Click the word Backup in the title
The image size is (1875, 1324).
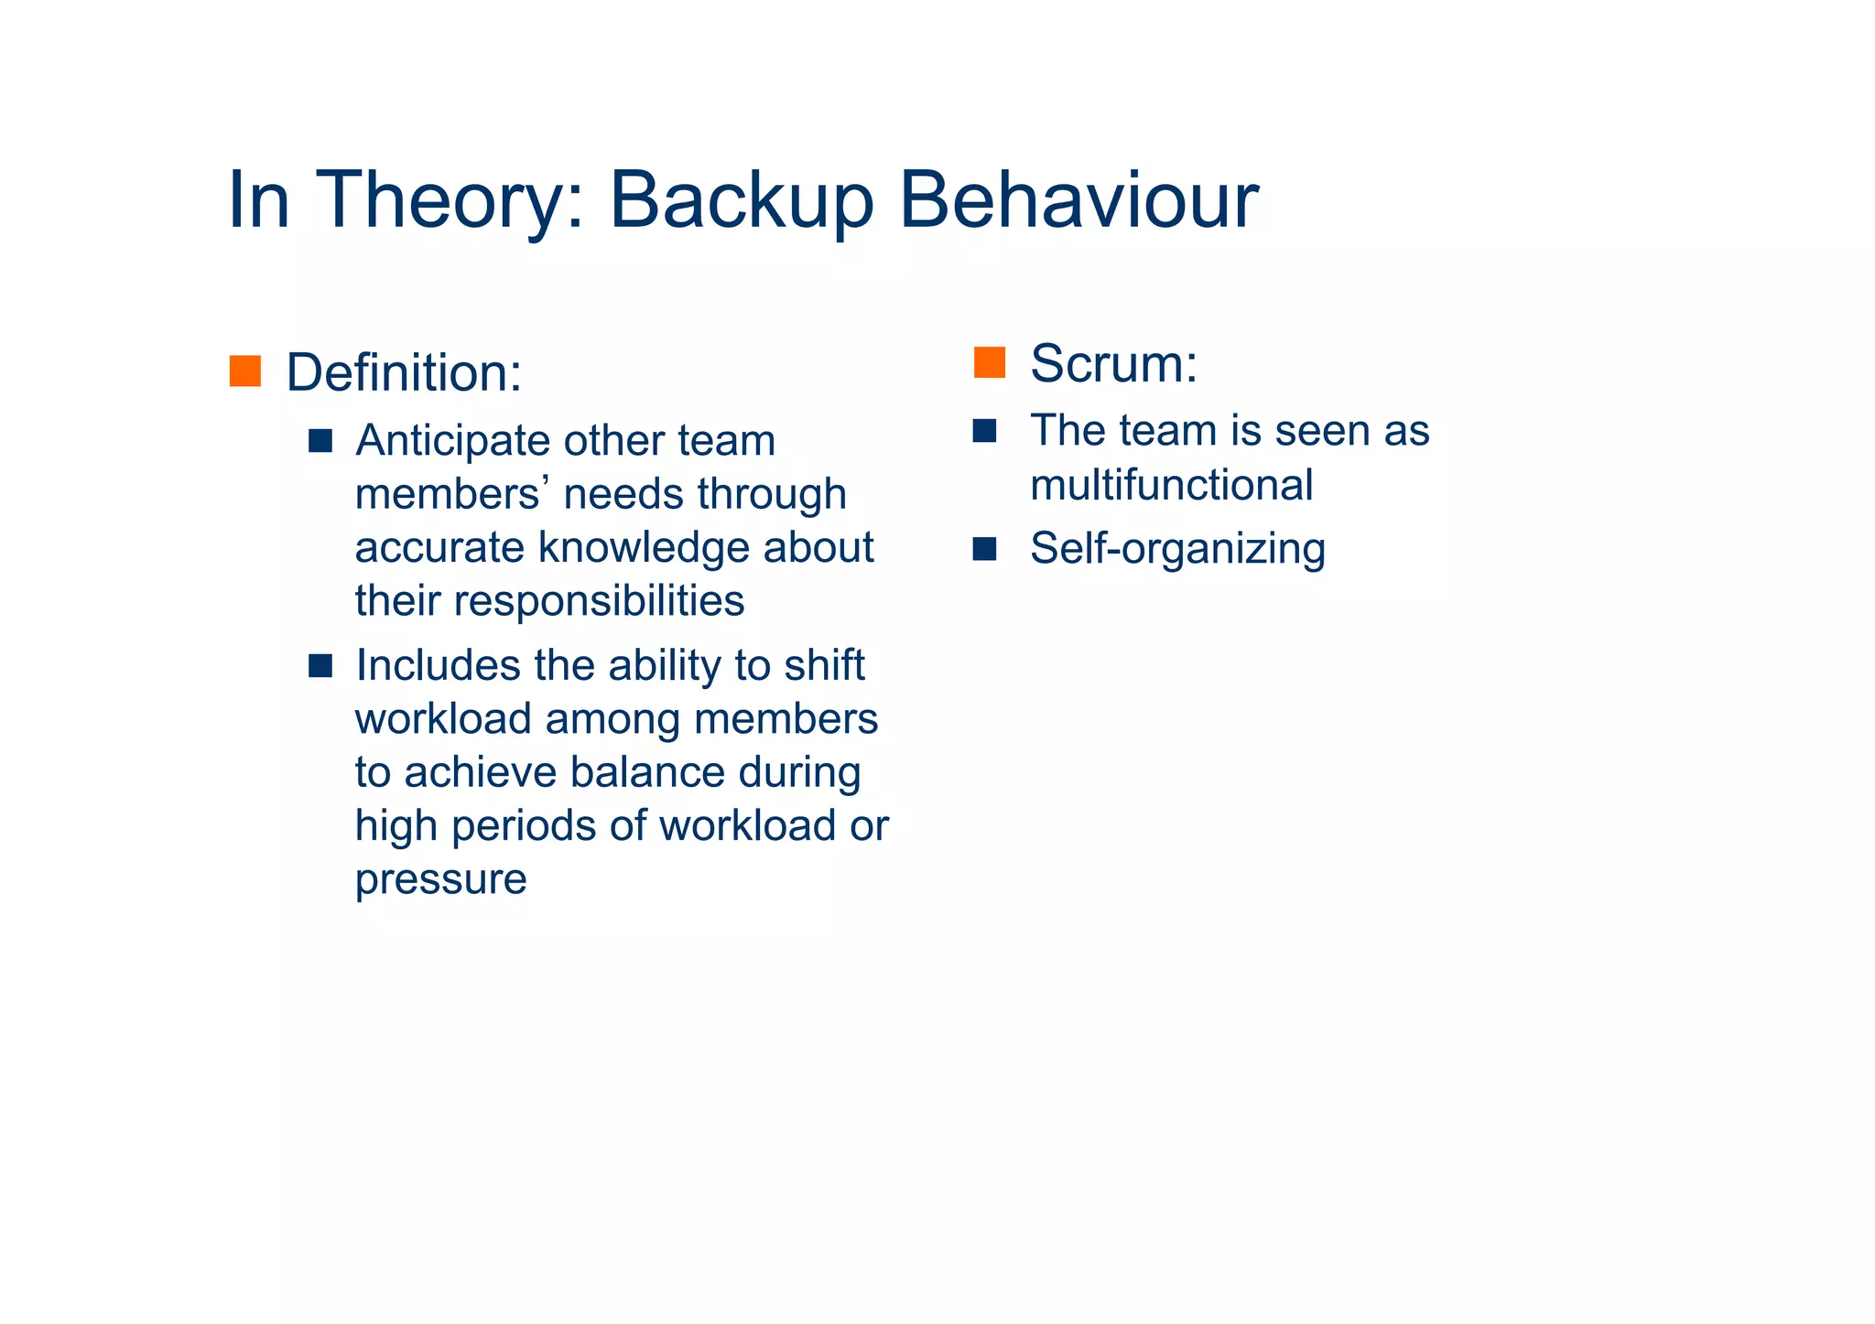tap(742, 201)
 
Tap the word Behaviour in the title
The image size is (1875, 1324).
tap(1078, 199)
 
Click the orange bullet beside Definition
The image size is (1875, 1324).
tap(245, 371)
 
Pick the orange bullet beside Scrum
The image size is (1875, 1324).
tap(990, 362)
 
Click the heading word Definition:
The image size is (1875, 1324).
tap(404, 373)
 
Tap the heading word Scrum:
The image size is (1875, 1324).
tap(1113, 363)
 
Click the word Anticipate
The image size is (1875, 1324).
tap(450, 441)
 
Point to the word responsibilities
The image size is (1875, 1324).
tap(599, 601)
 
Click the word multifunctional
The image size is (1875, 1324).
tap(1171, 485)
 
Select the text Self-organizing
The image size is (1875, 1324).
tap(1177, 549)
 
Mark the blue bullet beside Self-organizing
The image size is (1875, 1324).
tap(984, 549)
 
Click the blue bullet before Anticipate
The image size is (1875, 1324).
tap(320, 441)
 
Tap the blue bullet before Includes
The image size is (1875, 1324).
tap(320, 665)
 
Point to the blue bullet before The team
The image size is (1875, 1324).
tap(984, 431)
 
